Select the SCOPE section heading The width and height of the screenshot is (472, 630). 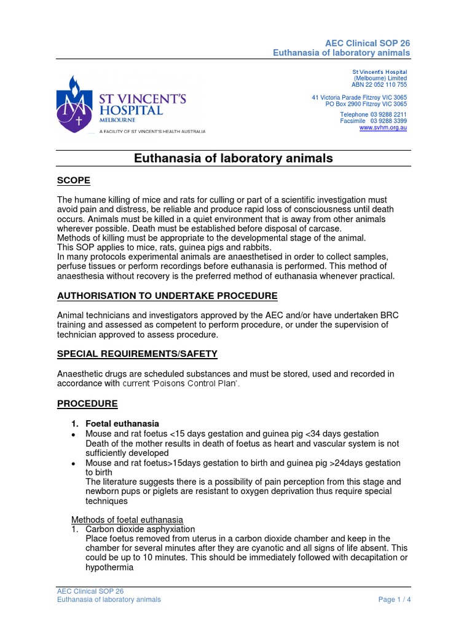click(74, 180)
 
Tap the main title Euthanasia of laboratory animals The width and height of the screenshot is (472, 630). click(234, 158)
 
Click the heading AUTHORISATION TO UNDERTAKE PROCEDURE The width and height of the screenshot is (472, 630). click(167, 296)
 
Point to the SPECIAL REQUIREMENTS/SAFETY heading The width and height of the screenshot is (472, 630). click(137, 354)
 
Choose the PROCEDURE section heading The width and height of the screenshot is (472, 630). click(87, 404)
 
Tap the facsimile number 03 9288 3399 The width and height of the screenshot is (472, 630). click(388, 121)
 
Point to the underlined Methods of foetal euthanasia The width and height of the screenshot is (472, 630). click(127, 519)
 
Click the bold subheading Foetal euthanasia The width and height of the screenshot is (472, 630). click(122, 424)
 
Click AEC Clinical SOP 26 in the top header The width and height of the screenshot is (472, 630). click(368, 43)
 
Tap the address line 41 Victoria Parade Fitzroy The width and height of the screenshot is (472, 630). click(359, 98)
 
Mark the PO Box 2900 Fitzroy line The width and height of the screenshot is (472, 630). click(366, 104)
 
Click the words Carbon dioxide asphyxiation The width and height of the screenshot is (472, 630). click(140, 529)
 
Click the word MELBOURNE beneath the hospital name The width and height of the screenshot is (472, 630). click(115, 121)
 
